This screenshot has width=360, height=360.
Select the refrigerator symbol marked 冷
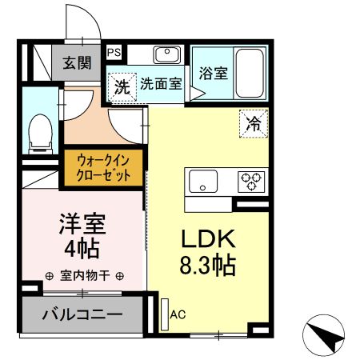pos(253,124)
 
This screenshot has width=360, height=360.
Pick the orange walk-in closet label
pos(104,167)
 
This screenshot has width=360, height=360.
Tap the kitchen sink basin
pos(203,182)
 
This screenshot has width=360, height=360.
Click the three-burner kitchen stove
pos(252,182)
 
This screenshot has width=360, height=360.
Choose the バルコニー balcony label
pos(83,314)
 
